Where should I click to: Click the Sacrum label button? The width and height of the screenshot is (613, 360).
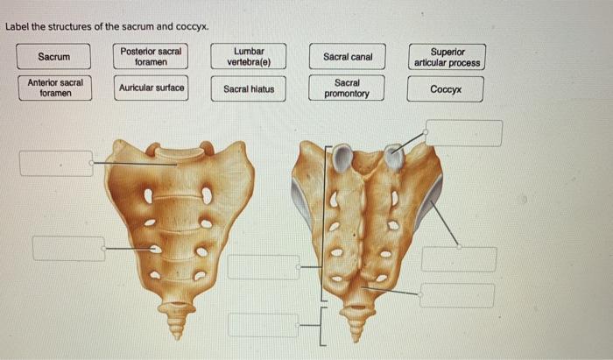coord(53,57)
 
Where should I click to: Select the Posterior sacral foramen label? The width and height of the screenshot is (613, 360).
coord(151,57)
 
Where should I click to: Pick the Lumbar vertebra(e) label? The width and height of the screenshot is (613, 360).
coord(248,57)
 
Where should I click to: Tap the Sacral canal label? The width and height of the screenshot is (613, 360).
coord(348,57)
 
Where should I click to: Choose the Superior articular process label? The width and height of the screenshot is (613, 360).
coord(446,57)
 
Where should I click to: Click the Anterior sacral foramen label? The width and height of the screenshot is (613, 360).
coord(55,88)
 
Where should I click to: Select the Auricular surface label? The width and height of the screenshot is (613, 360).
coord(151,88)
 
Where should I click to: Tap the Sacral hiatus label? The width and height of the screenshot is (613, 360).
coord(248,88)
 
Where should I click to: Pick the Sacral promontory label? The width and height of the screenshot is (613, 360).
coord(348,88)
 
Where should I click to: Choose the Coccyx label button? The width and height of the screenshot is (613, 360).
coord(446,88)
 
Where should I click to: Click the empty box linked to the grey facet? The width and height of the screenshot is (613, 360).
coord(464,133)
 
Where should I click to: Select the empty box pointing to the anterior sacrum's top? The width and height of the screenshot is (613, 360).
coord(56,163)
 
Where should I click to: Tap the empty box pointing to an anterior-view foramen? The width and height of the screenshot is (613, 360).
coord(68,248)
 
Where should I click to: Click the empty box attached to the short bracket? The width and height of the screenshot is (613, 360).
coord(263,325)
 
